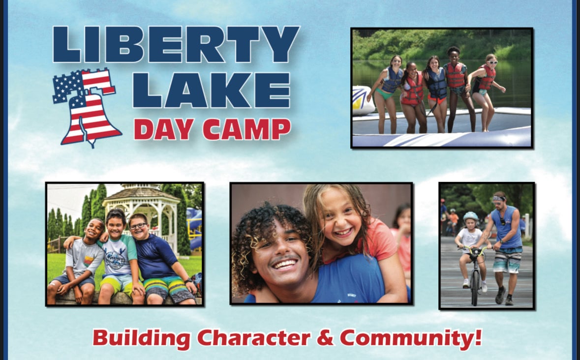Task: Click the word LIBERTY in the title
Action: tap(176, 44)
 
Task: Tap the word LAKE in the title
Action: tap(212, 90)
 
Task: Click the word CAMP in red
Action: tap(247, 129)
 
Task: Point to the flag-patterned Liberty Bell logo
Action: tap(87, 108)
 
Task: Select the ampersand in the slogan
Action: tap(325, 338)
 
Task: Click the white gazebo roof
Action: tap(141, 194)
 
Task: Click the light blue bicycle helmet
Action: tap(471, 216)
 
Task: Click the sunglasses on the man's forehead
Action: tap(499, 199)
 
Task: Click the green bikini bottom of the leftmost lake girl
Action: tap(385, 94)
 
